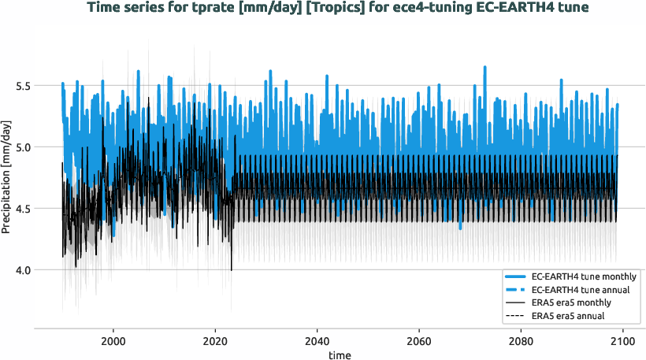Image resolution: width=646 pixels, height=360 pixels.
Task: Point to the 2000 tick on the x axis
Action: point(113,333)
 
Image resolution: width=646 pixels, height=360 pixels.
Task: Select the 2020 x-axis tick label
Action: point(215,333)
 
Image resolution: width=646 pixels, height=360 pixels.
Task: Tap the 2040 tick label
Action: point(317,333)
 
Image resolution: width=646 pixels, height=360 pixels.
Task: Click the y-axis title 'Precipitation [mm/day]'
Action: point(7,177)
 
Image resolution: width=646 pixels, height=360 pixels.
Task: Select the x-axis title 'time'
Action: point(340,355)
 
